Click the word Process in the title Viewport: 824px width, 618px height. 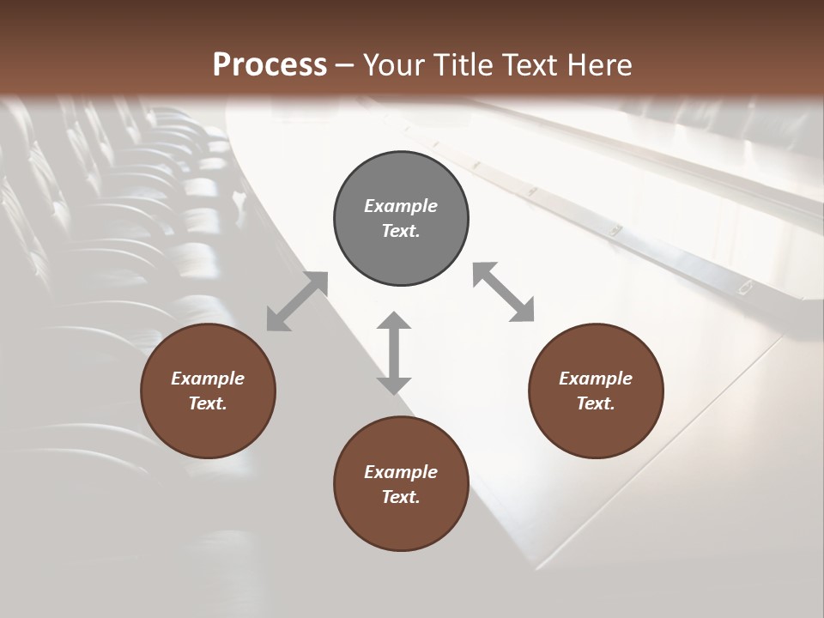270,65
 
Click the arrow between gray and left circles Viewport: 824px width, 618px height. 297,301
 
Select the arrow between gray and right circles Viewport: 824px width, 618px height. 503,292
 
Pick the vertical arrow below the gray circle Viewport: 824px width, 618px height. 394,353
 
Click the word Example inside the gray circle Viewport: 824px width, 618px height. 401,206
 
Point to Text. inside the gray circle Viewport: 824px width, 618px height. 401,231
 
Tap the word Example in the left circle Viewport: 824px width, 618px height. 208,379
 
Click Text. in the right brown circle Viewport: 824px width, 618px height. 596,403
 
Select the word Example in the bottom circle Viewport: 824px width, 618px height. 401,472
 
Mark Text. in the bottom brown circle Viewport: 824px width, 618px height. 401,497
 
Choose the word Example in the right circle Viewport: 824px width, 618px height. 596,379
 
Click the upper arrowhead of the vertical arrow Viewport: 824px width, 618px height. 394,322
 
